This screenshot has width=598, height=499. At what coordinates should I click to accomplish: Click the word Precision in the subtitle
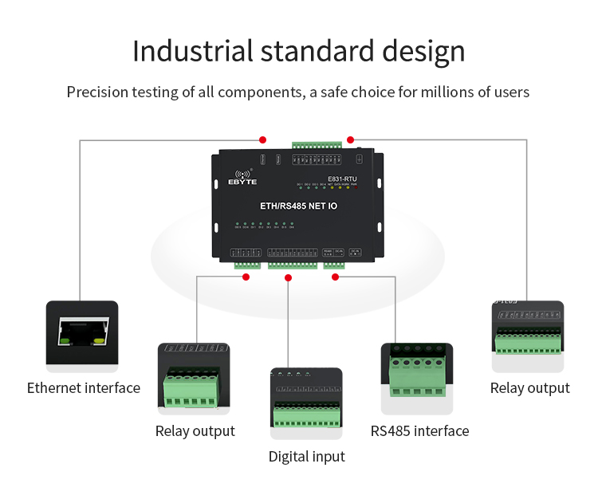coord(99,92)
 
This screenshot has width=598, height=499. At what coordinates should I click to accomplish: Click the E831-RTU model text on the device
coord(344,179)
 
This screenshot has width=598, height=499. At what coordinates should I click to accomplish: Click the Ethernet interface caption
coord(84,388)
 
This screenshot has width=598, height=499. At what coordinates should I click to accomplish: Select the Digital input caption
coord(306,457)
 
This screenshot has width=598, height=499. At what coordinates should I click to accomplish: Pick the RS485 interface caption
coord(419,431)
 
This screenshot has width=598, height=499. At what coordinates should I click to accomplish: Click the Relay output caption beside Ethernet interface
coord(195,431)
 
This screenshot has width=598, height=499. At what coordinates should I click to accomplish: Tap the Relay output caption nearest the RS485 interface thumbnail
coord(529,388)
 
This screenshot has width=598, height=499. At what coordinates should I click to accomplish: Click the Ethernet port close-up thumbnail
coord(82,336)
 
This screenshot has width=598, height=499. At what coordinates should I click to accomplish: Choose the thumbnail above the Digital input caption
coord(306,403)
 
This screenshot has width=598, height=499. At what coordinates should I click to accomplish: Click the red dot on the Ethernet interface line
coord(262,139)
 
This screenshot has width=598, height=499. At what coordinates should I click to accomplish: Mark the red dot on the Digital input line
coord(289,277)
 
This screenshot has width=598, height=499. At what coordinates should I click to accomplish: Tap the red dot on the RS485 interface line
coord(336,277)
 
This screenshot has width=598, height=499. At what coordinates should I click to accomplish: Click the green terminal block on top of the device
coord(317,147)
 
